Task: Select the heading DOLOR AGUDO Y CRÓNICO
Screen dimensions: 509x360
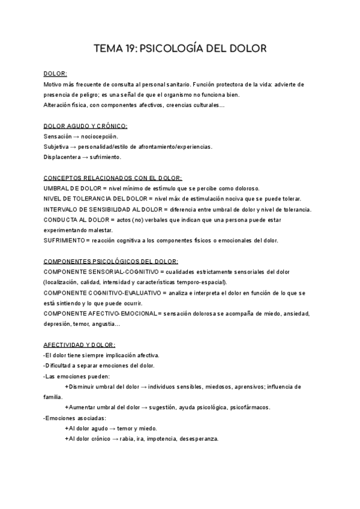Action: [x=85, y=126]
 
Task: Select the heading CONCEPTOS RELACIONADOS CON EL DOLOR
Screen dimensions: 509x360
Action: [x=113, y=178]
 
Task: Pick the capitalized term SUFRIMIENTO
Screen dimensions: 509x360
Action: [x=65, y=240]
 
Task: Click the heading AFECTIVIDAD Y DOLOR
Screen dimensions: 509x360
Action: [x=79, y=345]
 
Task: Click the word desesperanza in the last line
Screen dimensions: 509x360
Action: [x=198, y=438]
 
